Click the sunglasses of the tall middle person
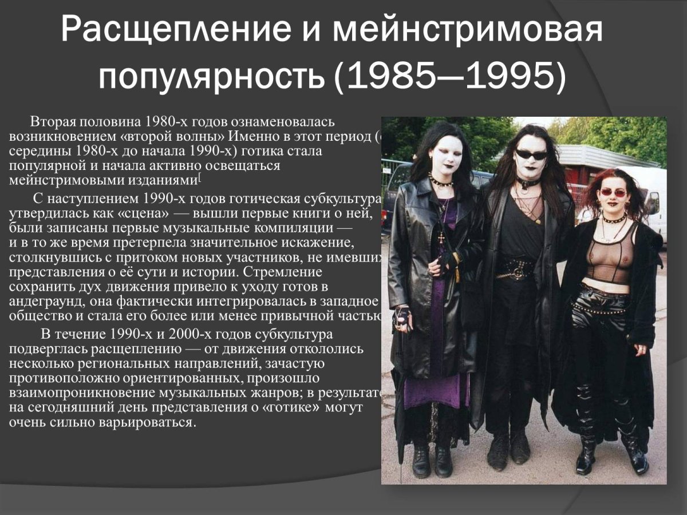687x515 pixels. pos(531,154)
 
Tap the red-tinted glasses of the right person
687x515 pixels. pos(613,193)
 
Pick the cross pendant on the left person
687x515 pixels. pos(441,237)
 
